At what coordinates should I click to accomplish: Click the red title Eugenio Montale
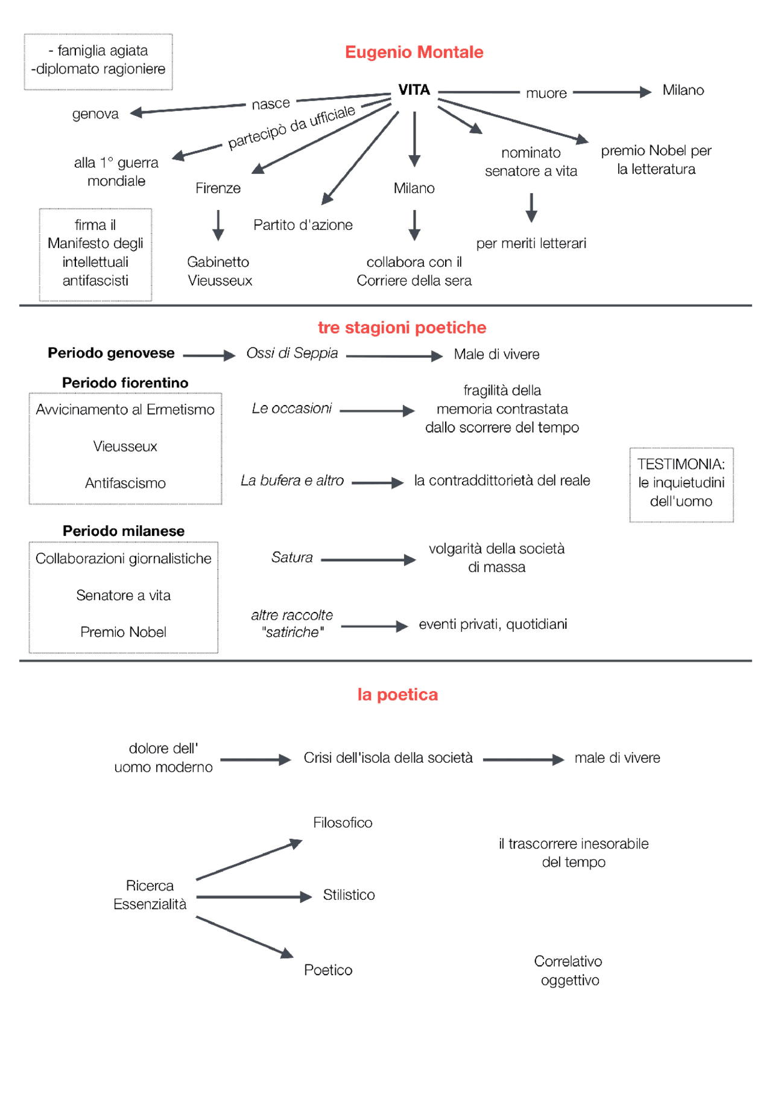(414, 53)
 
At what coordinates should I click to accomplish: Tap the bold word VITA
(414, 90)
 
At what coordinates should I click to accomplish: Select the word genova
(95, 114)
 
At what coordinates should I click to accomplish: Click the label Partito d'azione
(303, 225)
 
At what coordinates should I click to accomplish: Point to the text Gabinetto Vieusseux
(219, 271)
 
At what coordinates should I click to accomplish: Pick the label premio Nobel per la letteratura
(656, 160)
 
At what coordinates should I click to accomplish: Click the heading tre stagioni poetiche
(402, 328)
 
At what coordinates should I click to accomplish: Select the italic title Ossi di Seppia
(292, 353)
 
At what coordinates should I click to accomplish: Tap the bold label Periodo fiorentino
(125, 383)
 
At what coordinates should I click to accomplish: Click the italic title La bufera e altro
(292, 480)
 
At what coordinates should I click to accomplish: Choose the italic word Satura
(292, 557)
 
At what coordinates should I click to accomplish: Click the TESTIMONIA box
(681, 484)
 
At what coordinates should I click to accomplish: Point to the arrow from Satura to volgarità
(367, 560)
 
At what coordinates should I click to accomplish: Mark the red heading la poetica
(397, 695)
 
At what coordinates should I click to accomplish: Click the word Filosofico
(343, 823)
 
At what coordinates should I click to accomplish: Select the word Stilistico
(349, 894)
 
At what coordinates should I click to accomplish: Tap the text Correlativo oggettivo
(569, 970)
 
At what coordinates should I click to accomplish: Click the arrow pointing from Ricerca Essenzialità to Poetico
(244, 937)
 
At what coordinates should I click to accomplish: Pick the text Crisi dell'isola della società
(388, 758)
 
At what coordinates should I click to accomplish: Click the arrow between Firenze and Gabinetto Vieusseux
(218, 225)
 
